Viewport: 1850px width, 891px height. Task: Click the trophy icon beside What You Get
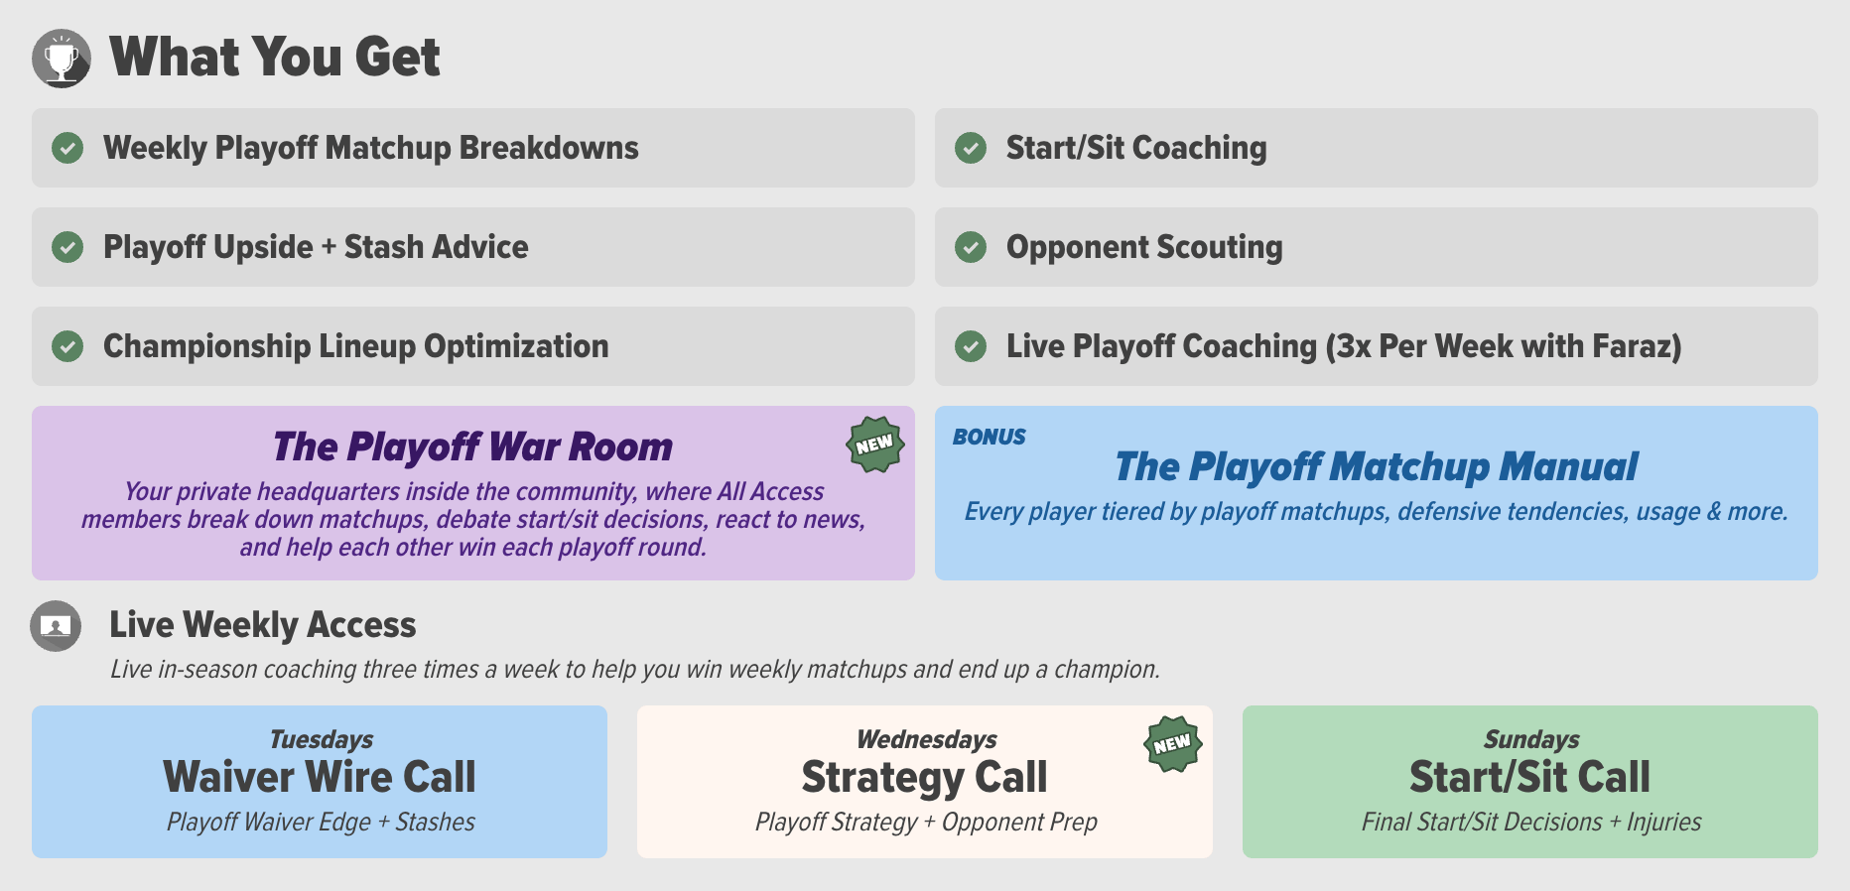[62, 59]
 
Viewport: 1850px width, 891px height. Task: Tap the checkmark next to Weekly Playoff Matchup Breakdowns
[67, 148]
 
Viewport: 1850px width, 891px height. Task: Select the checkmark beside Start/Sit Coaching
[971, 148]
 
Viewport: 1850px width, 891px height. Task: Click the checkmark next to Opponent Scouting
[971, 247]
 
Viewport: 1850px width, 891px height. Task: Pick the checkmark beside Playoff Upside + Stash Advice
[67, 247]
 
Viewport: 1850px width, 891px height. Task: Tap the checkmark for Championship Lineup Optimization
[67, 346]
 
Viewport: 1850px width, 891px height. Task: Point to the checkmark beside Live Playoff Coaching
[971, 346]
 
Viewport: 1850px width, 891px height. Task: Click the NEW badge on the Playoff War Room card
[874, 445]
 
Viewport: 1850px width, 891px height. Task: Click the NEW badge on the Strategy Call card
[1172, 744]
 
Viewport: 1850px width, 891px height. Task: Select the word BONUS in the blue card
[990, 437]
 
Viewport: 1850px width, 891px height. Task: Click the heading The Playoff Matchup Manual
[1376, 467]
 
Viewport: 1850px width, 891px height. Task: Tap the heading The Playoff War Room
[472, 447]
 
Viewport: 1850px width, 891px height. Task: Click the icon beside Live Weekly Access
[56, 626]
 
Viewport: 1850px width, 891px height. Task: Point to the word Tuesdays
[322, 739]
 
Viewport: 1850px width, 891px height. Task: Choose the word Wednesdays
[927, 739]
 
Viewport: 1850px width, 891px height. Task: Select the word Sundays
[1531, 739]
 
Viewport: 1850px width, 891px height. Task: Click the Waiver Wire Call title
[320, 777]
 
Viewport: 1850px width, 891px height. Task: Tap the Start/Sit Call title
[1529, 777]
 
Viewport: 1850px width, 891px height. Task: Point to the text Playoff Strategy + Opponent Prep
[926, 823]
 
